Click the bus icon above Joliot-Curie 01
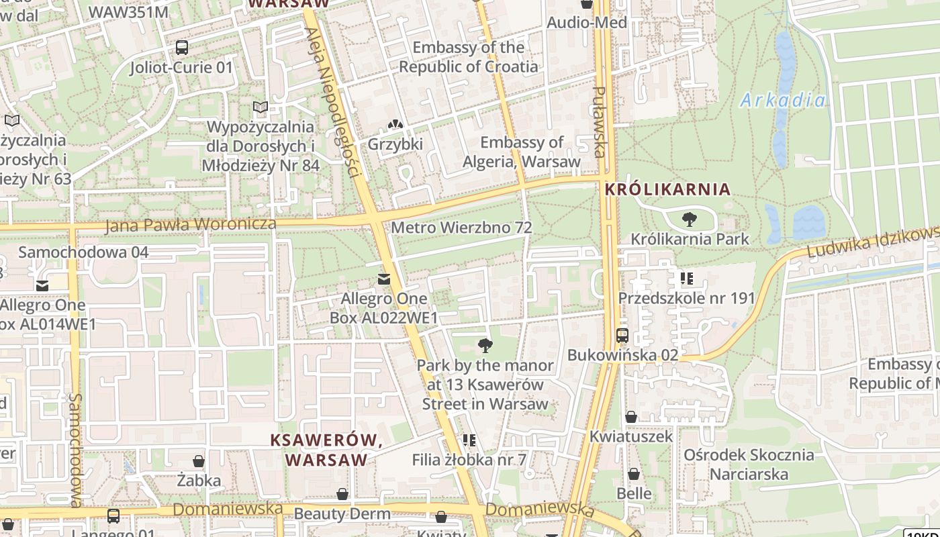point(182,48)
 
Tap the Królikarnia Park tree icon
point(689,219)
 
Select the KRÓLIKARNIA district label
point(667,189)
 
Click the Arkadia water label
point(783,101)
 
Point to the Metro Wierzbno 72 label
point(461,228)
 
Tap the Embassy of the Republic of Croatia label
point(469,57)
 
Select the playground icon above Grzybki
point(395,125)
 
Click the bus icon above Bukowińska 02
point(622,336)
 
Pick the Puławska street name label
point(600,121)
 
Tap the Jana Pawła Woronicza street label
point(191,224)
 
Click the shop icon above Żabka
point(199,461)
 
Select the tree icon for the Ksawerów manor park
point(485,346)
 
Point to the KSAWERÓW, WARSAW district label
point(326,450)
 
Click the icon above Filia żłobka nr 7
point(469,440)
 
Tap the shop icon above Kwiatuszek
point(630,417)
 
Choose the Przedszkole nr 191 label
point(687,298)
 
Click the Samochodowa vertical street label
point(75,450)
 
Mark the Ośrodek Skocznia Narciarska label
point(749,465)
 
